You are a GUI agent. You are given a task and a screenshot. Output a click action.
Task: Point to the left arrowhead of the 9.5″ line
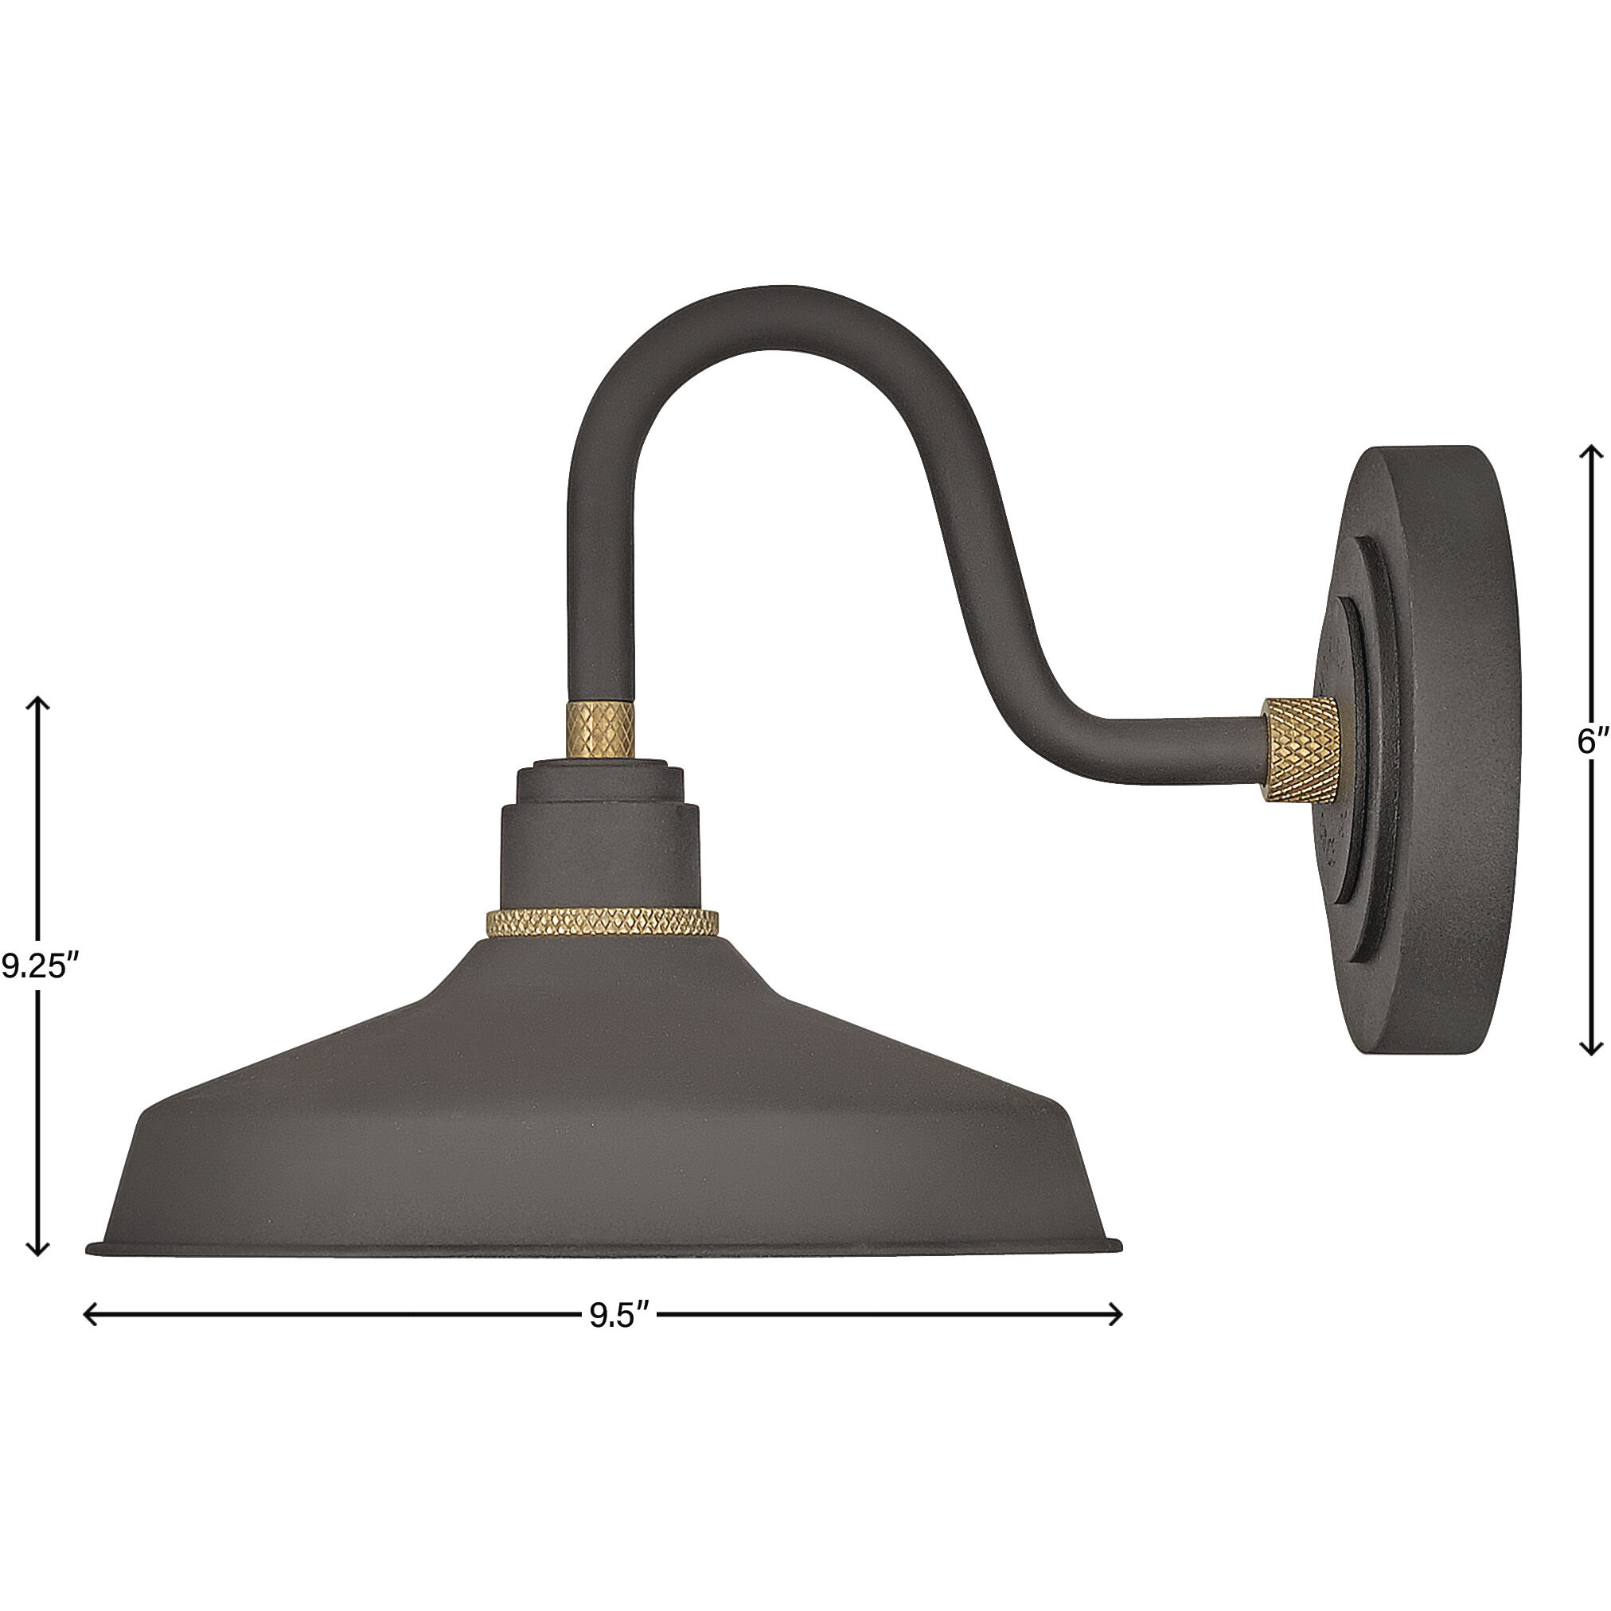click(89, 1315)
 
